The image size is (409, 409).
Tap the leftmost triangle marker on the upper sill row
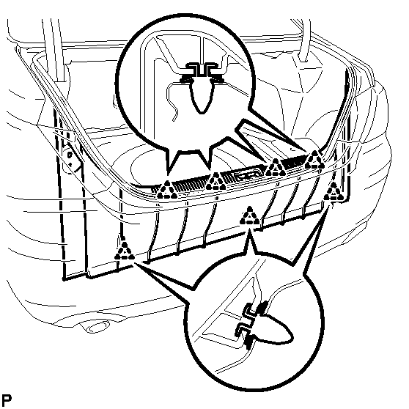[167, 190]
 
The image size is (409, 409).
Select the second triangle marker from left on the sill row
[216, 182]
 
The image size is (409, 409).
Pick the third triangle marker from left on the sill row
[275, 168]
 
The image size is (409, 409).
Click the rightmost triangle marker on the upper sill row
[315, 160]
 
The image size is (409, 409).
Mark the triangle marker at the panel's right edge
[334, 192]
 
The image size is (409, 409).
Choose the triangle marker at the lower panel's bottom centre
[250, 215]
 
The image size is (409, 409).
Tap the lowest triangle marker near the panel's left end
[125, 251]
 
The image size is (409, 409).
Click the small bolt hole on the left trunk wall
[70, 155]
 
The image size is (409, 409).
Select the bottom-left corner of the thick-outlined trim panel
[65, 279]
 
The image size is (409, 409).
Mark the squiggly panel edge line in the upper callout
[173, 102]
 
